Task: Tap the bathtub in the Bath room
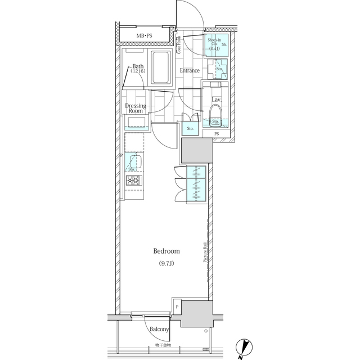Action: (x=162, y=68)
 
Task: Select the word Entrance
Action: (x=190, y=71)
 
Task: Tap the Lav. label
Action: (x=216, y=100)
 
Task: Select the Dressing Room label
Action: (x=136, y=108)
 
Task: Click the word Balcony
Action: (x=159, y=329)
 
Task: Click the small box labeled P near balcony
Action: (x=177, y=307)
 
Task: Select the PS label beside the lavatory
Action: (x=217, y=133)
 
